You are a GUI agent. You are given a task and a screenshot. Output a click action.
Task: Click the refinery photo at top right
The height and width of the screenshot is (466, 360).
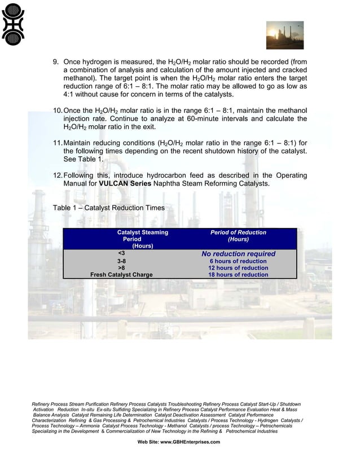click(x=284, y=36)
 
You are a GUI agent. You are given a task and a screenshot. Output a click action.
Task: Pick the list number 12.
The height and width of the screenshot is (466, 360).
click(x=58, y=176)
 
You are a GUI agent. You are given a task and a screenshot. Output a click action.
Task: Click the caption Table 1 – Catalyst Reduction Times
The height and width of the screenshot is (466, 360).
click(x=108, y=208)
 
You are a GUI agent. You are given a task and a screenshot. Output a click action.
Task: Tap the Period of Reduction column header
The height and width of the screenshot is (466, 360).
click(x=238, y=236)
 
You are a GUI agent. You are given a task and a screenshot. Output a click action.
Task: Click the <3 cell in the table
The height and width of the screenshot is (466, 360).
click(x=121, y=254)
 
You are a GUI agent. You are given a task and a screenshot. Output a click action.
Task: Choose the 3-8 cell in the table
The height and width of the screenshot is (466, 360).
click(x=121, y=262)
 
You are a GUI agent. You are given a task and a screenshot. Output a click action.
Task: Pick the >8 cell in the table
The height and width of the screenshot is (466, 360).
click(x=121, y=269)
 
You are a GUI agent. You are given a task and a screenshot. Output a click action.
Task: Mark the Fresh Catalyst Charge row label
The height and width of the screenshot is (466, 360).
click(x=121, y=275)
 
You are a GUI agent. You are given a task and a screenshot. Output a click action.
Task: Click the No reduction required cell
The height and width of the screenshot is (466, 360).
click(x=238, y=254)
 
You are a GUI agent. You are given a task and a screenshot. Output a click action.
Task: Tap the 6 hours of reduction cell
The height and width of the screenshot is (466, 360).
click(x=238, y=262)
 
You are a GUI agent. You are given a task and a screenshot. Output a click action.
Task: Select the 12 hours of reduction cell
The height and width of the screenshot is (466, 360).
click(x=238, y=269)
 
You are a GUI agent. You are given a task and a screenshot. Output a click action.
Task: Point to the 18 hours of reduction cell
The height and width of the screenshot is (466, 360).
click(x=238, y=275)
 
